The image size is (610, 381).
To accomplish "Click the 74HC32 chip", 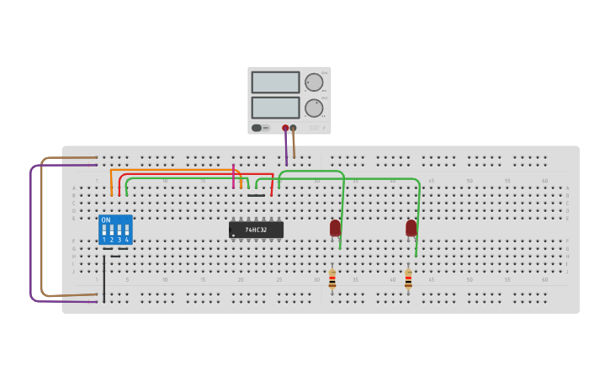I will tap(256, 229).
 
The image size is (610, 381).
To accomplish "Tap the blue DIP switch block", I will tap(115, 230).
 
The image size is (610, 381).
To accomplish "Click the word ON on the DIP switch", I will tap(106, 220).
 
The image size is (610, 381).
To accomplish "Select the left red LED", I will tap(335, 227).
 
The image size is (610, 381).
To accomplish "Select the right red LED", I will tap(411, 227).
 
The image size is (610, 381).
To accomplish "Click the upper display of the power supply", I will tap(275, 82).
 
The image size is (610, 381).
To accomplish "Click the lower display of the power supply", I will tap(275, 108).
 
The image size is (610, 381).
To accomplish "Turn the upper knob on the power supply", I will tap(314, 82).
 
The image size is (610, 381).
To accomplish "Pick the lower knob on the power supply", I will tap(314, 108).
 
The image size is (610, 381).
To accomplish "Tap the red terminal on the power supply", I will tap(285, 129).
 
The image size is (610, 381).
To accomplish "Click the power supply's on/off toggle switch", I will tap(257, 128).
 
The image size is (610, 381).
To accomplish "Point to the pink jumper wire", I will tap(234, 175).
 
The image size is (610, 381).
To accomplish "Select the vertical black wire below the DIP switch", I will tap(104, 278).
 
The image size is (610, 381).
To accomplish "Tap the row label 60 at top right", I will tap(544, 181).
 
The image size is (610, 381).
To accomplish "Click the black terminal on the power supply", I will tap(293, 129).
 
